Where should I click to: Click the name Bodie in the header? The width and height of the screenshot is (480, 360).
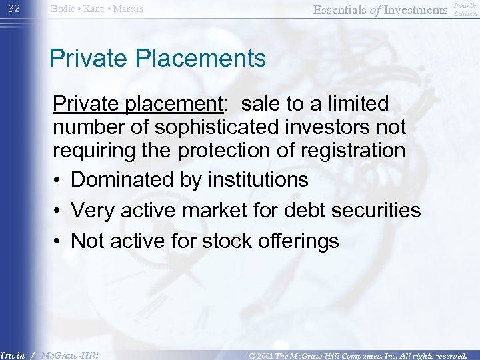pos(65,9)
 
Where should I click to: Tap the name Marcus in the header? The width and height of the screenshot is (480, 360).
pos(128,9)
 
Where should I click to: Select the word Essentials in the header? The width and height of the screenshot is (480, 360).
pos(338,9)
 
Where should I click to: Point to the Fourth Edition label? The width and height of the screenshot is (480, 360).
pos(465,9)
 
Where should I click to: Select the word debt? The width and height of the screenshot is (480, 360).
pos(293,210)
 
